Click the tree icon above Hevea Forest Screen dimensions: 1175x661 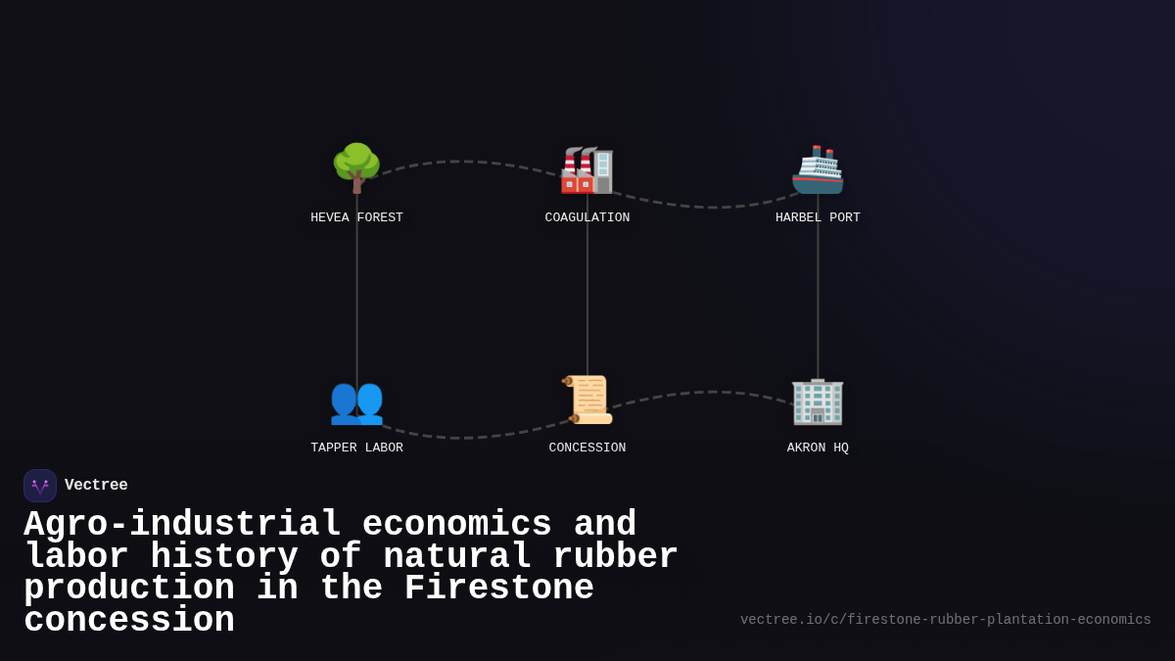(356, 167)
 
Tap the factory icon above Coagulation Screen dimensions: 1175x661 (587, 169)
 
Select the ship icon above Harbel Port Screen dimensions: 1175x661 (818, 169)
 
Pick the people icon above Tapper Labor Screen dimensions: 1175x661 (356, 401)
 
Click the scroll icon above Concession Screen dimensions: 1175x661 (587, 400)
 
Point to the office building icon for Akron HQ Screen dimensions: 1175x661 (818, 401)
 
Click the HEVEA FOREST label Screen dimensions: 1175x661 (356, 217)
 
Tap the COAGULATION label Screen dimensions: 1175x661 (587, 217)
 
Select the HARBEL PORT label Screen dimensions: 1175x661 (818, 217)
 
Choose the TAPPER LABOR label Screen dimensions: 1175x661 (356, 448)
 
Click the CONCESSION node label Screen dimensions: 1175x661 (587, 448)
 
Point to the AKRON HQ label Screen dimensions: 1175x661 (818, 448)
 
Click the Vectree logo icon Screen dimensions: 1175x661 (40, 486)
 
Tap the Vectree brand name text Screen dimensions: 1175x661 (96, 486)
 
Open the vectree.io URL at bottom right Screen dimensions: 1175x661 (945, 620)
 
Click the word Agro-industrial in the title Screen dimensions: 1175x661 (182, 525)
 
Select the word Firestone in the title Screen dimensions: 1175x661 (498, 589)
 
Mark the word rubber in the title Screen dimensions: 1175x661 (615, 557)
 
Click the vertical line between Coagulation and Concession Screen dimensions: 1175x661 (587, 294)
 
